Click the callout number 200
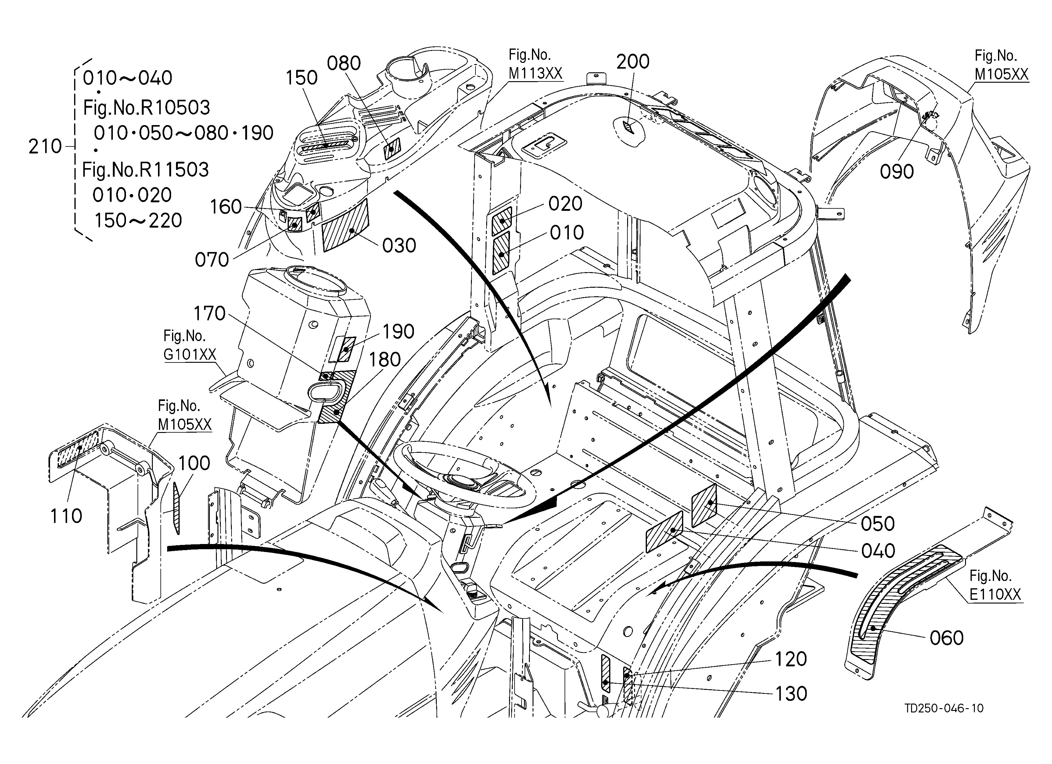(x=633, y=62)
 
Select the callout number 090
(x=897, y=172)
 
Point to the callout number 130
(x=791, y=694)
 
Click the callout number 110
(x=66, y=516)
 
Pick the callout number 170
(x=209, y=314)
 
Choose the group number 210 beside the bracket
(x=45, y=146)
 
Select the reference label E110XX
(x=995, y=595)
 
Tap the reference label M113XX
(x=535, y=73)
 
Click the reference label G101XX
(x=190, y=355)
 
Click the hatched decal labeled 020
(x=501, y=220)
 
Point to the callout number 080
(x=344, y=63)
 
